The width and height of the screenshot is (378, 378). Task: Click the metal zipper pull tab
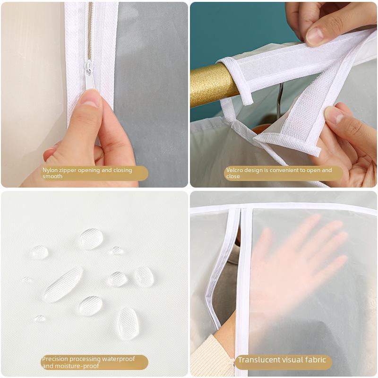coord(89,76)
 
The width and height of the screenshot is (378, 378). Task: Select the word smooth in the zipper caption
coord(52,177)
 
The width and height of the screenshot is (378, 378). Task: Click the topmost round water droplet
coord(91,238)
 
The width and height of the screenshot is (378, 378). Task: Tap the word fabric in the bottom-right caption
coord(315,361)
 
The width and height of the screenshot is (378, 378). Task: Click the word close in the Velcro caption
coord(233,177)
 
